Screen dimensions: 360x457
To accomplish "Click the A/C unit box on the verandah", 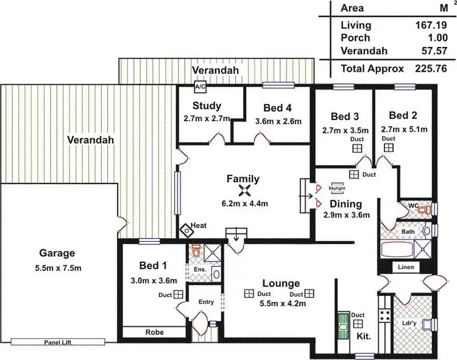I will pyautogui.click(x=199, y=86).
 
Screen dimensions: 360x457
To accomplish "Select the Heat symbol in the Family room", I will pyautogui.click(x=186, y=230).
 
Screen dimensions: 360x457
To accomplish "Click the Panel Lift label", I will pyautogui.click(x=58, y=343).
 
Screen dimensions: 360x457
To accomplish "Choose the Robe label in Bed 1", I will pyautogui.click(x=153, y=333).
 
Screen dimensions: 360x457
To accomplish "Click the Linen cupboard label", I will pyautogui.click(x=406, y=267).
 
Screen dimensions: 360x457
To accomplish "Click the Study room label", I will pyautogui.click(x=207, y=106).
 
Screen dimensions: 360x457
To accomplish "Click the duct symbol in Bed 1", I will pyautogui.click(x=179, y=294).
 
